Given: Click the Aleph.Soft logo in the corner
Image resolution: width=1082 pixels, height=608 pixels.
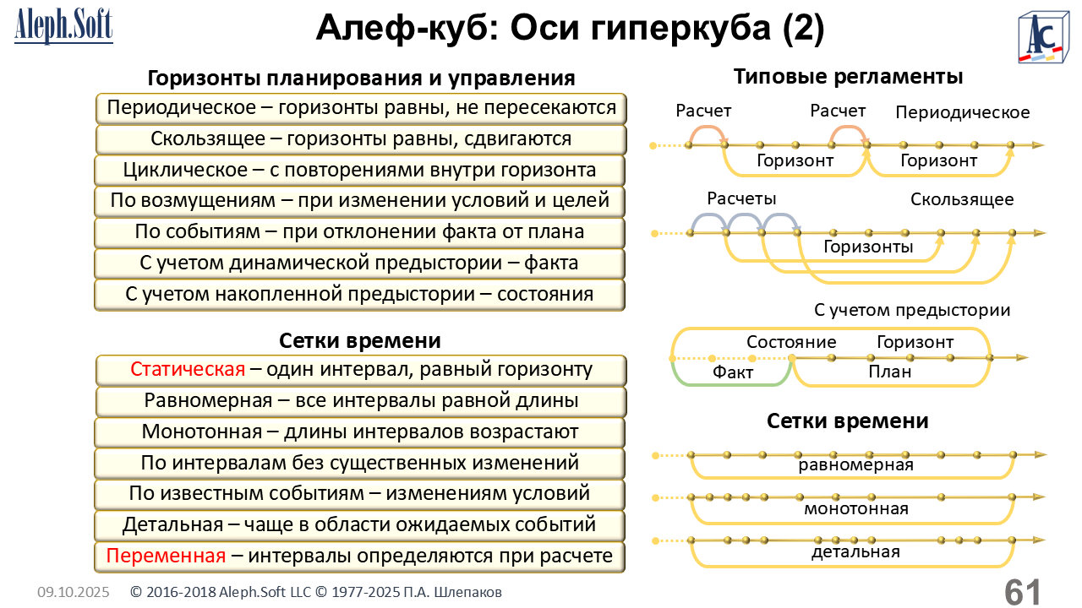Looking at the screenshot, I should tap(63, 27).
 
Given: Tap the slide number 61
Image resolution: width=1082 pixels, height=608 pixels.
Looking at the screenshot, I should tap(1023, 590).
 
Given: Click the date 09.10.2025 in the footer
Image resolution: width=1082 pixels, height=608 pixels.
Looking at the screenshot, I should tap(73, 593).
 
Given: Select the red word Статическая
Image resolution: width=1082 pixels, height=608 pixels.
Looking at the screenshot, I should tap(188, 370).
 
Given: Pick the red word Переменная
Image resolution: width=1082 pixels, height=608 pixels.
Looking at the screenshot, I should tap(166, 556).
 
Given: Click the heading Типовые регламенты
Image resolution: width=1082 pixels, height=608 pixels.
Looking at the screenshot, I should tap(848, 77).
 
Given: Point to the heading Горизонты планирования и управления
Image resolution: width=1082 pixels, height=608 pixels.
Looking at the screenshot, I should tap(361, 79).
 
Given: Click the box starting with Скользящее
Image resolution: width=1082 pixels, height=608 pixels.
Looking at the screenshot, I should tap(361, 139).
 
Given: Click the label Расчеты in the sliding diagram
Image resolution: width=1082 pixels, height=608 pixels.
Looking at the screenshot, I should tap(741, 198).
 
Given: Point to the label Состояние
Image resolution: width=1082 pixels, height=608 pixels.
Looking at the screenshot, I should tap(791, 342).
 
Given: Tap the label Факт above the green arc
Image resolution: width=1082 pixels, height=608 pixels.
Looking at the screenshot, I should tap(732, 372).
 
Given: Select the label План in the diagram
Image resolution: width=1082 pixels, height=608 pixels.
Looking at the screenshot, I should tap(890, 372).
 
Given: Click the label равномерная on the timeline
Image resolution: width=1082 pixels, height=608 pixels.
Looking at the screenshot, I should tap(855, 465).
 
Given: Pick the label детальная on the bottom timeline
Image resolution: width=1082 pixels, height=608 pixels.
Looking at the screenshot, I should tap(855, 552).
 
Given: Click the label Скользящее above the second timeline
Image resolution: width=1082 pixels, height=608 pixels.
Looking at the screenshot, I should tap(962, 200).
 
